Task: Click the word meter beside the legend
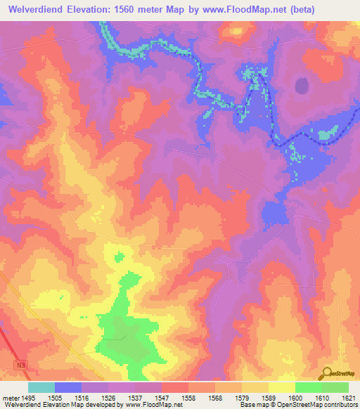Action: (10, 397)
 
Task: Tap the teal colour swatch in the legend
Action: (41, 387)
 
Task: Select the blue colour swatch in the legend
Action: (67, 387)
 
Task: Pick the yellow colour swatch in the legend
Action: (281, 387)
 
